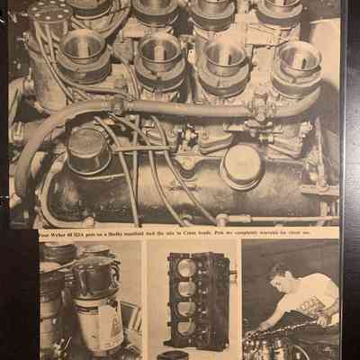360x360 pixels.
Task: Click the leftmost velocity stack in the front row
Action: click(x=84, y=46)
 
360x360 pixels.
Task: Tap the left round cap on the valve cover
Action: click(x=88, y=144)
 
